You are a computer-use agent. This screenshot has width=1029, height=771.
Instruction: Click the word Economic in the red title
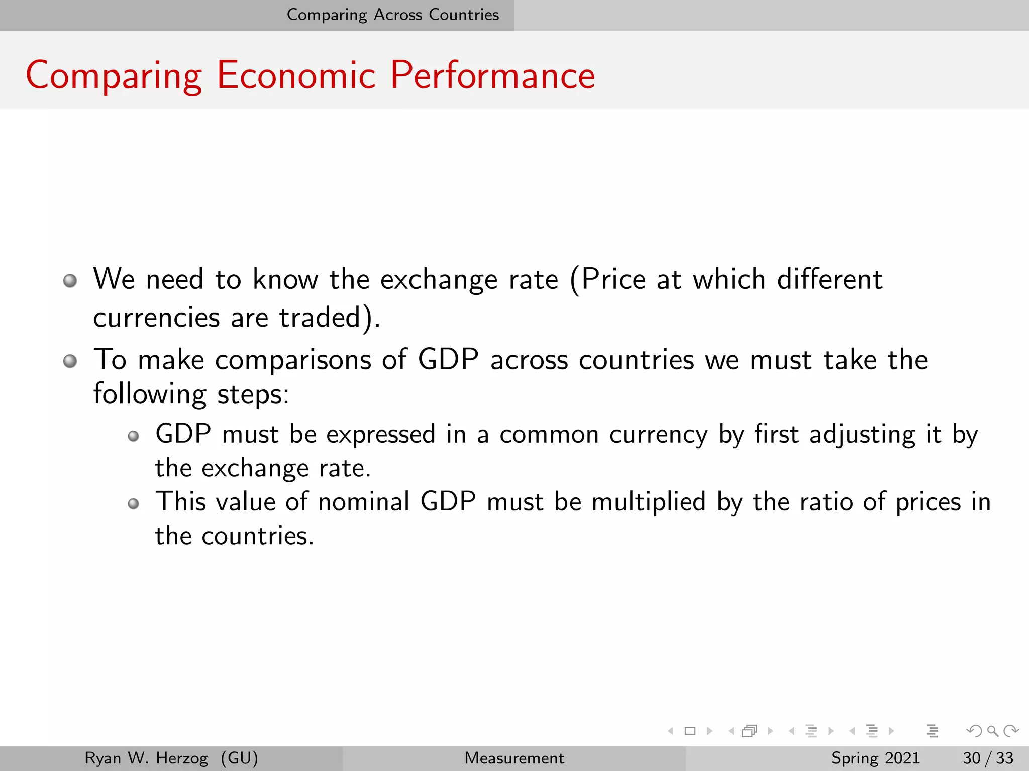(296, 75)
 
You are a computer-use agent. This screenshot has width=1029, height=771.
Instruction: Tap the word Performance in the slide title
(492, 75)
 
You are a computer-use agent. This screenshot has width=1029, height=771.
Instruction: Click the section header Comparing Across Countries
(393, 15)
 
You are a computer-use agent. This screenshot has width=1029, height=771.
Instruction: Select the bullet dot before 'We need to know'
(70, 280)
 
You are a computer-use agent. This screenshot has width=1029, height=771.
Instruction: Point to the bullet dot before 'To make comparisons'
(70, 361)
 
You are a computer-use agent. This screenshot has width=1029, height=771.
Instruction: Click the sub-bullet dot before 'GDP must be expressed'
(133, 436)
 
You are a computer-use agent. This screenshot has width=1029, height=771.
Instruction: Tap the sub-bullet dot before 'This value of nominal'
(133, 503)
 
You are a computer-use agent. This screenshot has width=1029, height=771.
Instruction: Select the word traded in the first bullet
(320, 318)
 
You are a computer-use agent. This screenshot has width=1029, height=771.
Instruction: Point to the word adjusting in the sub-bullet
(862, 435)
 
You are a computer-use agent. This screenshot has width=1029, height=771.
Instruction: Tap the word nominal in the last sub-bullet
(363, 502)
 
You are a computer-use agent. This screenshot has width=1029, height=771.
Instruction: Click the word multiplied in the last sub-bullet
(649, 502)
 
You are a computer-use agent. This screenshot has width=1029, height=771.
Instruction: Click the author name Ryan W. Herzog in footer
(146, 758)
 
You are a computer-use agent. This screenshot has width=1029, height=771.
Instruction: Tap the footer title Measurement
(514, 758)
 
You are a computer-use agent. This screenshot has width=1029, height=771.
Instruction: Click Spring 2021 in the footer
(875, 758)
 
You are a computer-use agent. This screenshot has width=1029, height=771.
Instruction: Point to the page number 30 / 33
(988, 758)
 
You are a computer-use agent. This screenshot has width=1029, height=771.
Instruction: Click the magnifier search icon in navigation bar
(992, 731)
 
